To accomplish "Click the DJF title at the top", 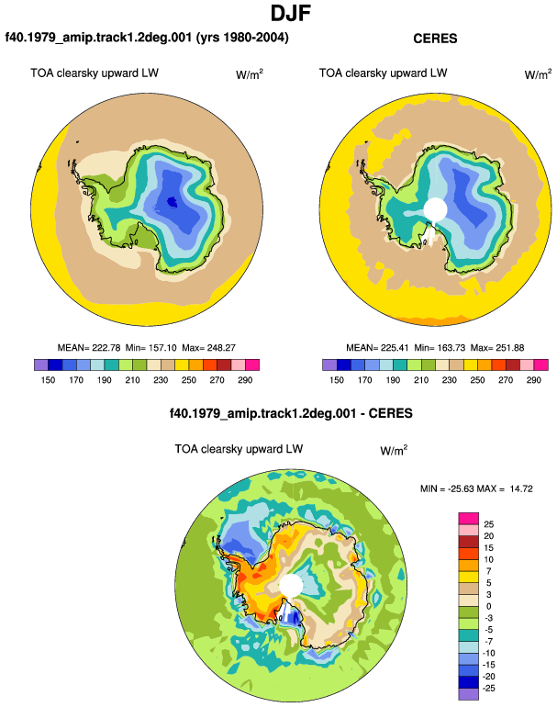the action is [x=291, y=13].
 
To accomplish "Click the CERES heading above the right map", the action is [x=435, y=39].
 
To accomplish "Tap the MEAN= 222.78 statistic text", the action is [x=89, y=348].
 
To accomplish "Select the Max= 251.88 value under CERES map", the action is [x=497, y=348].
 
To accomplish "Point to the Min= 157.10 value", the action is [x=151, y=348].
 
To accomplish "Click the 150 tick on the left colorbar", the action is [x=48, y=380].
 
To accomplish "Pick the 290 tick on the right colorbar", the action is [x=533, y=380].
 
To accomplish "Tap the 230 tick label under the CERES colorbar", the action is [x=450, y=380].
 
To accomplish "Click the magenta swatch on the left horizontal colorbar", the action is [x=252, y=365].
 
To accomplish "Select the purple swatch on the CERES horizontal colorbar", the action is [x=329, y=365].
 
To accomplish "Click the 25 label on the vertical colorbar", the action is [x=489, y=524].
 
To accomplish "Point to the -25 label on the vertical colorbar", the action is [x=489, y=689].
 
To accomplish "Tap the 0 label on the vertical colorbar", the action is [x=489, y=606].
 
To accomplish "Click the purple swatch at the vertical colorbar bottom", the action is [x=469, y=694].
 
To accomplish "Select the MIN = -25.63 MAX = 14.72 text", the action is [x=476, y=488].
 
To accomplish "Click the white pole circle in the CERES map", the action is [x=435, y=209].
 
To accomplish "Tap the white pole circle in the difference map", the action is [x=291, y=585].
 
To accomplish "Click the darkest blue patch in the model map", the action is [x=172, y=202].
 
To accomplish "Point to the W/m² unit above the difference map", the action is [x=394, y=450].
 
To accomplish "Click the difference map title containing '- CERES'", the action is [x=291, y=413].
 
